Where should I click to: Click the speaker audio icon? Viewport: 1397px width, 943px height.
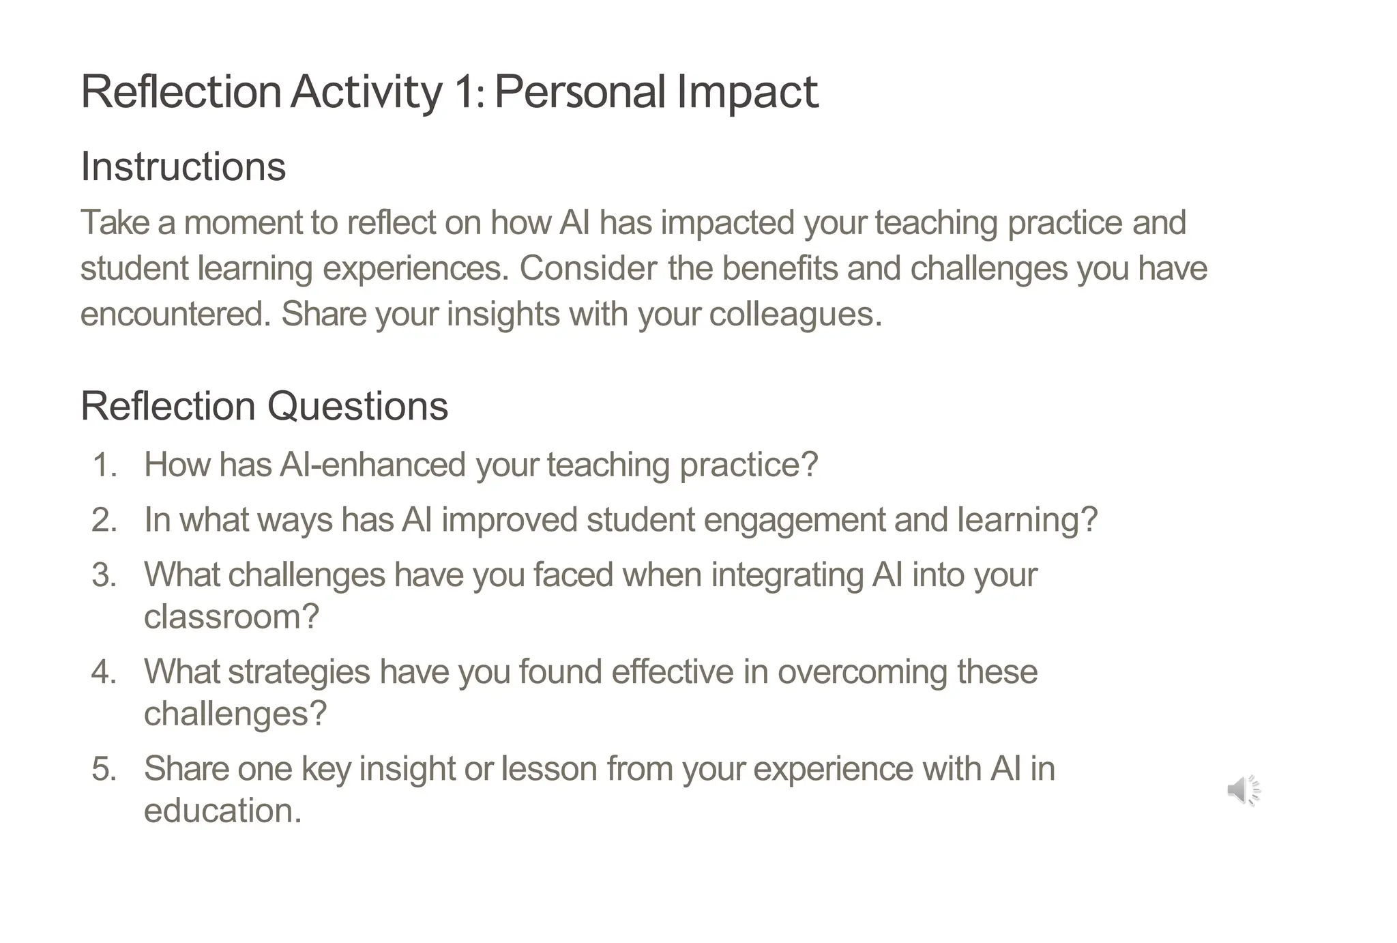(1243, 790)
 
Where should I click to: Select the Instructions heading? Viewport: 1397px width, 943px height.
(183, 166)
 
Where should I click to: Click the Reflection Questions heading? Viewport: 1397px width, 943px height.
(264, 406)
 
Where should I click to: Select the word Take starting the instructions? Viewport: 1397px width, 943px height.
(115, 223)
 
